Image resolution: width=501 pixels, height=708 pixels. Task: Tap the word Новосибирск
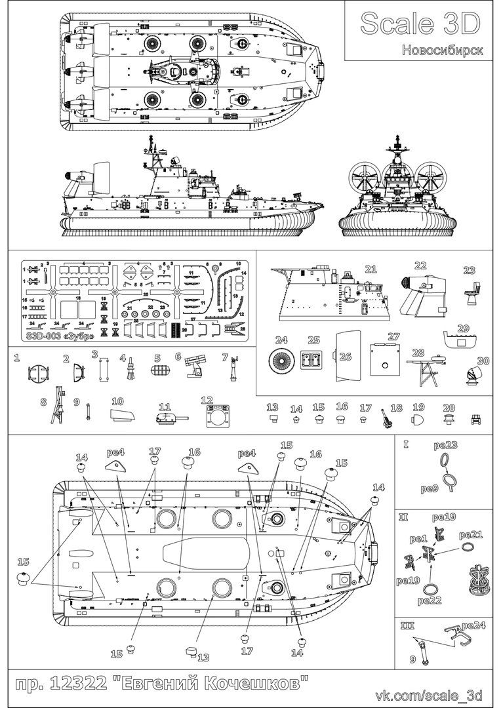coord(443,50)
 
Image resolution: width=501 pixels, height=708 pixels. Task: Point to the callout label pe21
coord(471,534)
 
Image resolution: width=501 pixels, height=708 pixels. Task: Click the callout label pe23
coord(445,446)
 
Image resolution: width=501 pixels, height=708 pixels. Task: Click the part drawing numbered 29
coord(460,340)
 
